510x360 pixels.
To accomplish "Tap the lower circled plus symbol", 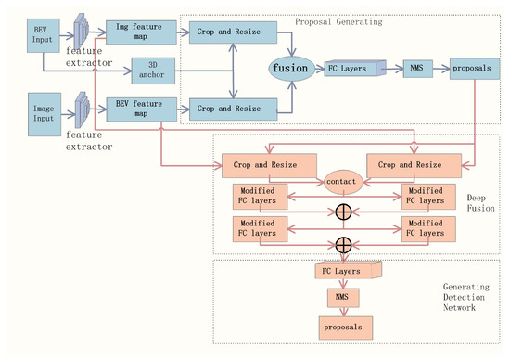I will [x=343, y=244].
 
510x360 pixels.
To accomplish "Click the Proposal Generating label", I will [x=335, y=21].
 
